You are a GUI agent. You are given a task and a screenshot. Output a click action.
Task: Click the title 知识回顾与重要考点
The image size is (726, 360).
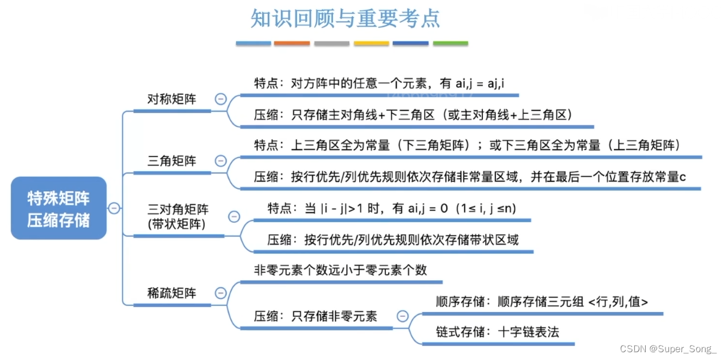(345, 19)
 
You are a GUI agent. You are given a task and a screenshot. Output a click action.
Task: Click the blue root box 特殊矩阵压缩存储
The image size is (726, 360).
(59, 208)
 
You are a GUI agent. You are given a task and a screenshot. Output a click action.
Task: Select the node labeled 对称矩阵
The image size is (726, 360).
(172, 99)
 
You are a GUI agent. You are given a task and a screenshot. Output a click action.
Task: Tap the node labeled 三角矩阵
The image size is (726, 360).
(172, 161)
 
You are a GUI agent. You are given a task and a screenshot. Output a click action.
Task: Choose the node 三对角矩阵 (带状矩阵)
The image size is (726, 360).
(178, 217)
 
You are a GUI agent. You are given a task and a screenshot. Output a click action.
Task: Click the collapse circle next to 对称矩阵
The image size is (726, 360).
(220, 99)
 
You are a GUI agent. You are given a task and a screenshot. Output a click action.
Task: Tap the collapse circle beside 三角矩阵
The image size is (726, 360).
(220, 161)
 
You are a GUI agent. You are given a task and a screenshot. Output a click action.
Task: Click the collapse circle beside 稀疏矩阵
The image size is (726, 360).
(220, 293)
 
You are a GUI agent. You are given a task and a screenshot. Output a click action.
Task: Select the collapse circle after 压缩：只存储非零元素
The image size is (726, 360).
(403, 316)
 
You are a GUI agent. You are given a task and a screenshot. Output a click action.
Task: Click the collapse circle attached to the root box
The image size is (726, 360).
(114, 208)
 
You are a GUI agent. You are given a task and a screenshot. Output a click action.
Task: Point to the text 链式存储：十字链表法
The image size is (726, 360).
(497, 331)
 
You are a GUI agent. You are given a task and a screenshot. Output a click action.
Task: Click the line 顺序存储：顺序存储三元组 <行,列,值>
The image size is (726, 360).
(542, 301)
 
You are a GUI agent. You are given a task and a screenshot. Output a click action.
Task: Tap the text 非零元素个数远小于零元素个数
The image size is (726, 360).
(340, 270)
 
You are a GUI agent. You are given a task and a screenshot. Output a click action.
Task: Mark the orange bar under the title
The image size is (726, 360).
(292, 43)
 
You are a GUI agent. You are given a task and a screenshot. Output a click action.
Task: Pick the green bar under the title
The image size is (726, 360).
(450, 43)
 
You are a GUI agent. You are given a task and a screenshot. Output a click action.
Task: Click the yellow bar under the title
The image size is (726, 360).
(371, 43)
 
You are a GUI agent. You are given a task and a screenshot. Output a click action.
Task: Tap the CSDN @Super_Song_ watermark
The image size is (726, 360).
(667, 349)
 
